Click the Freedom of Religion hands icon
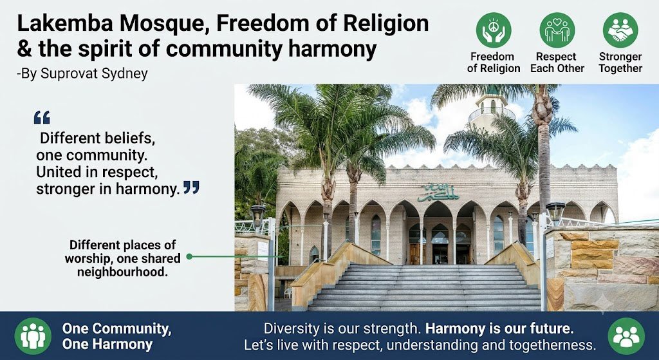(494, 30)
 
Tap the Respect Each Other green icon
(557, 30)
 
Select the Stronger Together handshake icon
(620, 30)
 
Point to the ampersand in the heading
(24, 49)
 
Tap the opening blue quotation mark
(42, 117)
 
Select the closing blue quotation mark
(191, 187)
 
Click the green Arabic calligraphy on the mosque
(438, 193)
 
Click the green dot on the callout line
(189, 256)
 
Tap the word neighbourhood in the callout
(122, 272)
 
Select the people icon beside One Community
(33, 336)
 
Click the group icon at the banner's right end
(626, 336)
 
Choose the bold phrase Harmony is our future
(499, 328)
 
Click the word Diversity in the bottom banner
(292, 328)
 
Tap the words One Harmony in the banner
(107, 345)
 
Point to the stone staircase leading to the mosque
(425, 288)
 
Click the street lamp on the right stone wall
(555, 213)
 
